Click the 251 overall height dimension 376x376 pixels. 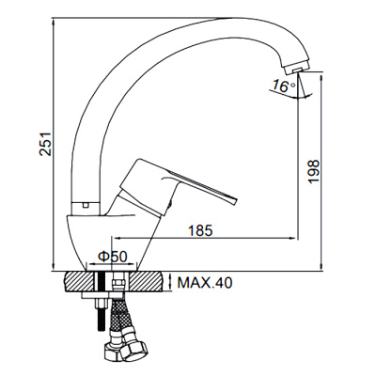tap(45, 144)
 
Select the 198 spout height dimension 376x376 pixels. tap(313, 172)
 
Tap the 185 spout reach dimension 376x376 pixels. tap(200, 231)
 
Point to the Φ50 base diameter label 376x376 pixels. tap(113, 257)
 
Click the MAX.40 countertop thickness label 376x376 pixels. tap(205, 283)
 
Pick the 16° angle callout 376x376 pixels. tap(283, 86)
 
